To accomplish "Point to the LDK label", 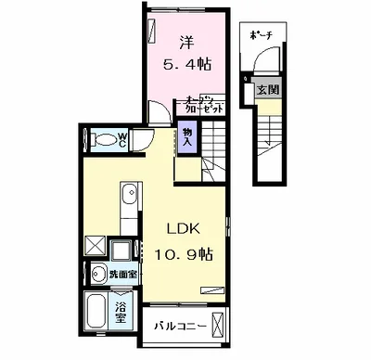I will point(185,228).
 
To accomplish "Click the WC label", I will point(121,140).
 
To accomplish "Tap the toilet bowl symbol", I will point(100,141).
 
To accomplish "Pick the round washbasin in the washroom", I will point(100,273).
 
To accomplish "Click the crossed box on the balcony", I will point(218,326).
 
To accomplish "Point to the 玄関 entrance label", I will point(266,88).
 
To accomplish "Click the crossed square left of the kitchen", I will point(96,246).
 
